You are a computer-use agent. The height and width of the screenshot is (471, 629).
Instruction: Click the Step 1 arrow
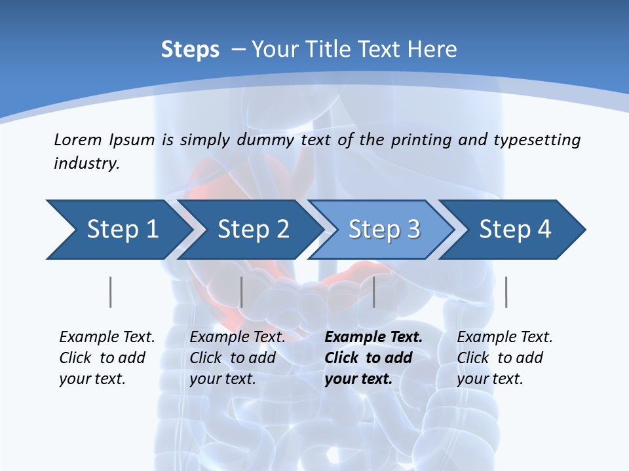click(118, 230)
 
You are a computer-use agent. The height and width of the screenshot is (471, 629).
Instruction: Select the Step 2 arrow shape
click(252, 230)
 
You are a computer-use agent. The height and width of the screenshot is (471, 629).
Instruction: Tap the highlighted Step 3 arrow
click(383, 230)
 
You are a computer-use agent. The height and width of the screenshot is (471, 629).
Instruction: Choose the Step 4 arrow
click(514, 230)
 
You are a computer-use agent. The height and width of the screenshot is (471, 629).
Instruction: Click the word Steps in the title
click(190, 50)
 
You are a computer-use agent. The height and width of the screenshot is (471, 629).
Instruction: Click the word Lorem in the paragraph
click(78, 139)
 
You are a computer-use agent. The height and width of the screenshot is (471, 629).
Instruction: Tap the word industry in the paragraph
click(86, 163)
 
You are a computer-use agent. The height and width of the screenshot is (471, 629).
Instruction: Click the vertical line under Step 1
click(111, 292)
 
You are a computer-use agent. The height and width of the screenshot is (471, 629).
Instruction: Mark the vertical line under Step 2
click(242, 292)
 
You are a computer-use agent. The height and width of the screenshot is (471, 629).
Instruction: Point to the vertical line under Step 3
click(374, 292)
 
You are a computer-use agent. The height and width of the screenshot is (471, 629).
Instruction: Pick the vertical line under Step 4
click(506, 292)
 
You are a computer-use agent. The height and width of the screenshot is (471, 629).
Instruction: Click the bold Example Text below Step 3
click(373, 338)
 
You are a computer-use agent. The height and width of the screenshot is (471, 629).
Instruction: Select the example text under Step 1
click(107, 358)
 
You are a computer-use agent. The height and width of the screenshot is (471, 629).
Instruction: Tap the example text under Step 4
click(505, 358)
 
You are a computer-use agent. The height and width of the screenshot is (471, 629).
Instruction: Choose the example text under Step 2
click(237, 358)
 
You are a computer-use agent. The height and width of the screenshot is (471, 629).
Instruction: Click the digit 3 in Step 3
click(413, 230)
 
